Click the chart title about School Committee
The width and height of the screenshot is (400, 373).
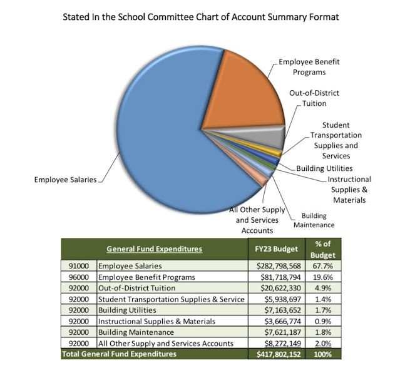coord(200,17)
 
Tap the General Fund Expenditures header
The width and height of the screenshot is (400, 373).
coord(155,248)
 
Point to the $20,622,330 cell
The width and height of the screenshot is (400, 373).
coord(275,288)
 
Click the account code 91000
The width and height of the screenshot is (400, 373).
coord(78,265)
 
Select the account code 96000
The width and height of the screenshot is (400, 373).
coord(78,277)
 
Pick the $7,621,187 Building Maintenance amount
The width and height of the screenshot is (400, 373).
coord(277,332)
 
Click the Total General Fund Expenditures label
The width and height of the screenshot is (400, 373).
coord(119,354)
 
